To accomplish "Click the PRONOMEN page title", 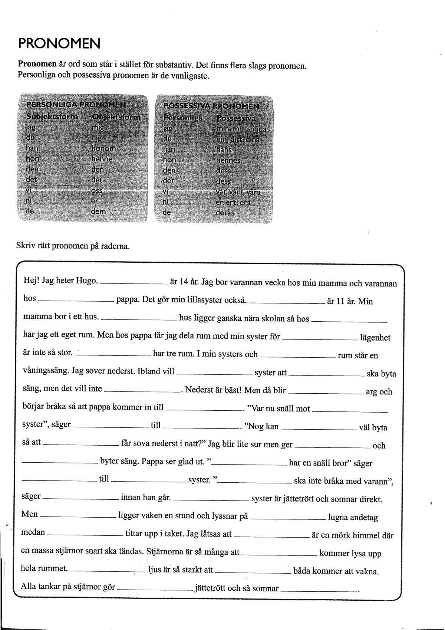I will [x=59, y=44].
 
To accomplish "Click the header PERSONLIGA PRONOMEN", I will [x=76, y=105].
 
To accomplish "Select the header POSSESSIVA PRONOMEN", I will [x=211, y=106].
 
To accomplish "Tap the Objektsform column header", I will [x=116, y=117].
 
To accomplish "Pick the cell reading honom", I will [x=104, y=148].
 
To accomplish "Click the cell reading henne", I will [x=102, y=159].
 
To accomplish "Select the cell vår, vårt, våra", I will [x=238, y=192].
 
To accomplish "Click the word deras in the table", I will [x=225, y=213].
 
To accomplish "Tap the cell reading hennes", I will [x=228, y=161].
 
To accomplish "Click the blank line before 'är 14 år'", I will [x=133, y=283].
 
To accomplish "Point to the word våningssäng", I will [x=45, y=371].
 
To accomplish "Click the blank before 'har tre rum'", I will [x=113, y=355].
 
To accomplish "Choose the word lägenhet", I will [x=375, y=338].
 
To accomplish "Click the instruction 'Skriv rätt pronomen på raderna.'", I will [x=73, y=246].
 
